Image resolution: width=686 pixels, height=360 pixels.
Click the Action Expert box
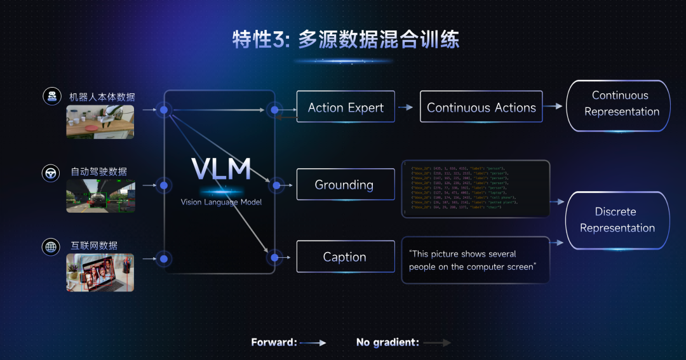click(346, 107)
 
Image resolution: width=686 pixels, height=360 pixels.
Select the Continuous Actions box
click(481, 107)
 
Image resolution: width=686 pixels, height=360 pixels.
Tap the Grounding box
click(344, 185)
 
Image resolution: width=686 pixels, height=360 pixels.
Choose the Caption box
click(344, 257)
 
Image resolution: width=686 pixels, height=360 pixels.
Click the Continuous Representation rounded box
click(618, 105)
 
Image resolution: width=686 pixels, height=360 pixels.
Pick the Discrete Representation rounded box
click(617, 220)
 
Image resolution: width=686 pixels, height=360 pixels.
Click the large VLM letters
click(220, 168)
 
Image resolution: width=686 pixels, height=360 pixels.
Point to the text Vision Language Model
click(220, 202)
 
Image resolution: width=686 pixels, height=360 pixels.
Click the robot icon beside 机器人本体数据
click(51, 97)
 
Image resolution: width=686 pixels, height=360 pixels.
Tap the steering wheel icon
click(51, 172)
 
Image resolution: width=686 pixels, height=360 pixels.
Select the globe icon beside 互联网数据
click(51, 246)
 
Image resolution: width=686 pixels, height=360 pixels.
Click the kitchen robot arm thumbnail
click(100, 121)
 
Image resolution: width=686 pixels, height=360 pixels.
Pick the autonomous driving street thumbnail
click(100, 196)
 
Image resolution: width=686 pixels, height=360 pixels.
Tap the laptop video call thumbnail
click(100, 272)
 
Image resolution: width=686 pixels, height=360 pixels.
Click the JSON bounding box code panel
click(475, 189)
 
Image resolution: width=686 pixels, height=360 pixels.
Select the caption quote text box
click(475, 260)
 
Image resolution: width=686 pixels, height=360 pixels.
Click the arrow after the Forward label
click(313, 342)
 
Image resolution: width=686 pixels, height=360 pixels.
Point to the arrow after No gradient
click(437, 342)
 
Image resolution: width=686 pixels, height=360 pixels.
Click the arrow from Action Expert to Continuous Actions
click(406, 107)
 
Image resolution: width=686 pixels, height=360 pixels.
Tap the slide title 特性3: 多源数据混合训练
click(346, 39)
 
